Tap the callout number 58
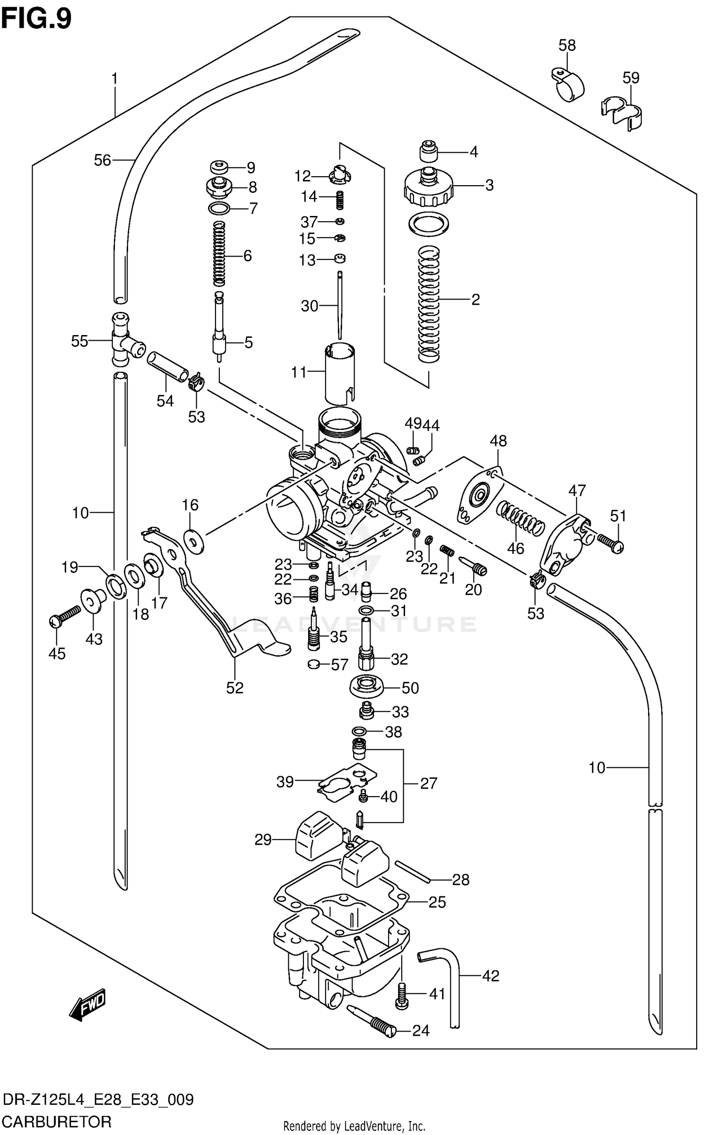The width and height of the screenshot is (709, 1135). (x=567, y=45)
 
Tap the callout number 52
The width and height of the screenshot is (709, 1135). (x=234, y=688)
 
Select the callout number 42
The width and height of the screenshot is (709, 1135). (x=491, y=976)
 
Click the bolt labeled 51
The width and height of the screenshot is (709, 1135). (x=610, y=542)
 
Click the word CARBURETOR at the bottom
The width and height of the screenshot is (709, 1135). (x=57, y=1120)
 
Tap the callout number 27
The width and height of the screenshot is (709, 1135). (x=428, y=783)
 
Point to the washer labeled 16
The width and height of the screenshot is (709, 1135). (x=194, y=542)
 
